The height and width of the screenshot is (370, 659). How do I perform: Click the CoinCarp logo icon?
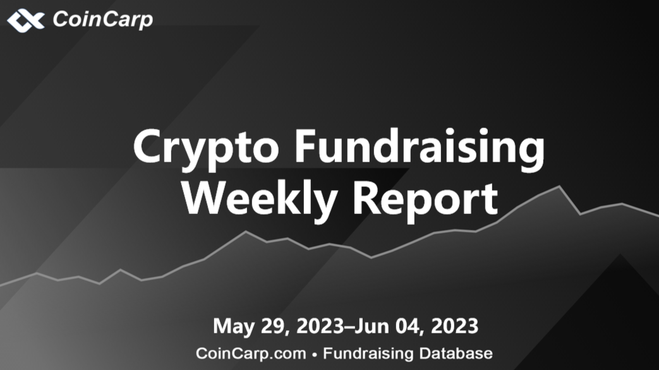click(x=26, y=21)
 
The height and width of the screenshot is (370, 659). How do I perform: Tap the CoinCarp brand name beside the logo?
click(x=102, y=20)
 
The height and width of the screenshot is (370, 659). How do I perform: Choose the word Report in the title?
click(x=425, y=200)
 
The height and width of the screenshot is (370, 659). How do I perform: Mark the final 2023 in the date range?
click(x=455, y=326)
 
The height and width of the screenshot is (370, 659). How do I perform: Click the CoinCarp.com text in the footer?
click(x=251, y=354)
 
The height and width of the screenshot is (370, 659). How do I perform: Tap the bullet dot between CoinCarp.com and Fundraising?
click(x=315, y=355)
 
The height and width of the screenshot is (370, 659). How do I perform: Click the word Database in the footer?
click(x=456, y=353)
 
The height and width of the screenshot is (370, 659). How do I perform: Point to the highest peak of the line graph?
click(x=559, y=186)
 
